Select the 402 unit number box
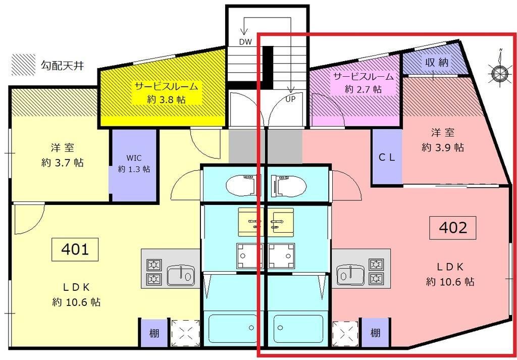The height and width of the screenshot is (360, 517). click(453, 228)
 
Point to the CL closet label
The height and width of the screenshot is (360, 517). click(387, 157)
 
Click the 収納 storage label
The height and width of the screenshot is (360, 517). click(437, 63)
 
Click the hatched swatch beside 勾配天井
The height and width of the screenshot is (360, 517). click(24, 65)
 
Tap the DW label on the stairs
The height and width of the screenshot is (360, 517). click(246, 42)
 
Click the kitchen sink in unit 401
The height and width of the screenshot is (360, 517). click(180, 276)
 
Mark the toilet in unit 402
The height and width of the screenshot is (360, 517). click(288, 185)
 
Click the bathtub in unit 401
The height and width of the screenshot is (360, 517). click(233, 329)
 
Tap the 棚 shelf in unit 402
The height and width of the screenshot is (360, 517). click(375, 333)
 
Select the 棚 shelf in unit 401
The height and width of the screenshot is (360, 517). click(153, 333)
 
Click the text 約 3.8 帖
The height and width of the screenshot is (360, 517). click(167, 99)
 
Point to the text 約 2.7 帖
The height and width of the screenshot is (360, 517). click(363, 89)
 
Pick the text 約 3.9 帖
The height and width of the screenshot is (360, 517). click(443, 147)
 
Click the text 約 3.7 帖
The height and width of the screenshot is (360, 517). click(62, 163)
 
